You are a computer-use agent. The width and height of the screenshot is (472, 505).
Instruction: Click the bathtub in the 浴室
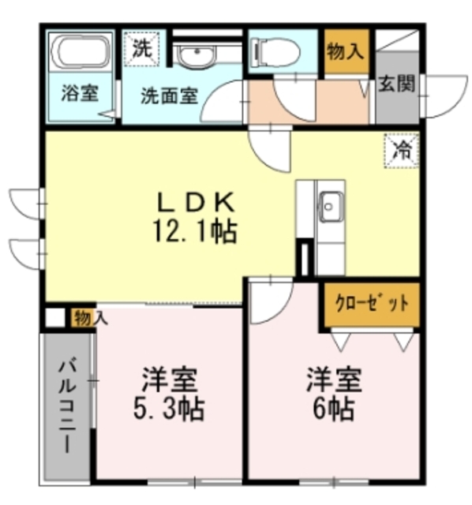81,51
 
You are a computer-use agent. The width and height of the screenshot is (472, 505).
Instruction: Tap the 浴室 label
80,92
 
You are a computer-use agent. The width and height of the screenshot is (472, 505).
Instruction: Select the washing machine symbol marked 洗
141,47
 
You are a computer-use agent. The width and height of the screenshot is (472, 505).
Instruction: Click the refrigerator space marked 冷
403,150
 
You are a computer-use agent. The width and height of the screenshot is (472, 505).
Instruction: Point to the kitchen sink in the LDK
331,208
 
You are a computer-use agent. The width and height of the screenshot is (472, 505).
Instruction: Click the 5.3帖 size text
170,410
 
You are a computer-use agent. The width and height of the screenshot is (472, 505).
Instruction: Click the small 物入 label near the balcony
89,318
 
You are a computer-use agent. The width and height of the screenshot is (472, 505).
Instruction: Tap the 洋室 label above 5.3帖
170,380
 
